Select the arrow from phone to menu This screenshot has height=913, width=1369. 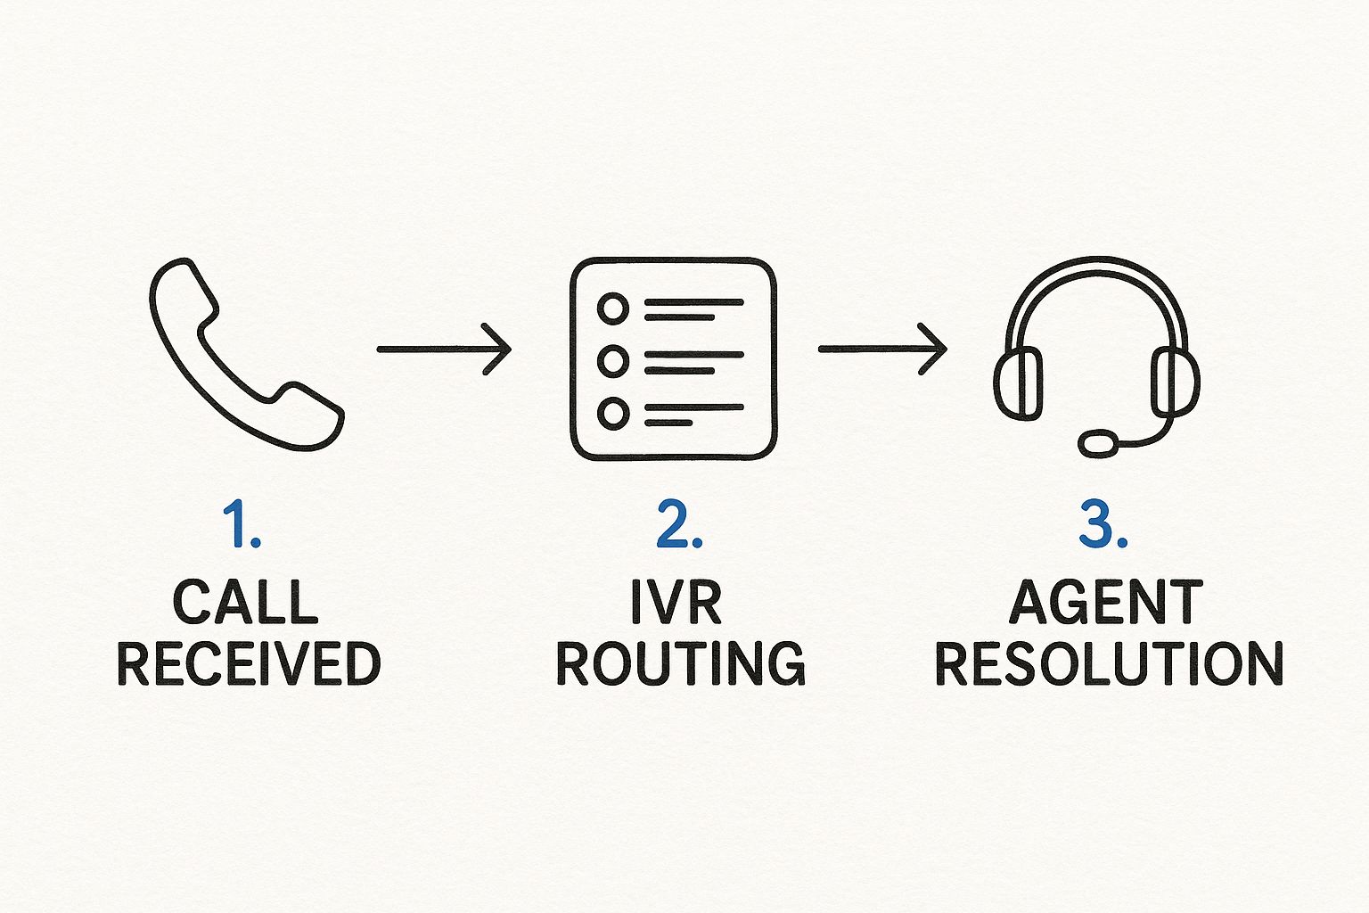click(443, 349)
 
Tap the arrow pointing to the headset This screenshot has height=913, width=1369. click(881, 349)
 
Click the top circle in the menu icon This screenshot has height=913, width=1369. click(612, 309)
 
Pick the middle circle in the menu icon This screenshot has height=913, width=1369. click(612, 361)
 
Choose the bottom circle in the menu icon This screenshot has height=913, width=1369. click(612, 413)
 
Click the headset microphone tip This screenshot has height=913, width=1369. click(1098, 442)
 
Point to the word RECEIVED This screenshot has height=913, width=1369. click(249, 663)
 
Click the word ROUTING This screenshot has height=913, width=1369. click(681, 663)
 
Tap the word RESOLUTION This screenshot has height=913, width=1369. click(1109, 663)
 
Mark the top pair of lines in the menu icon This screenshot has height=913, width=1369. click(693, 309)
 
